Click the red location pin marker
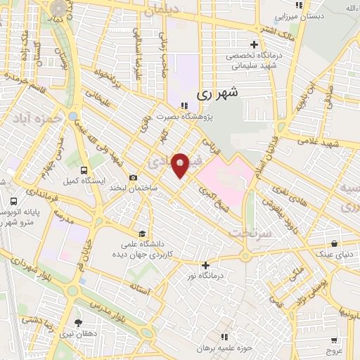click(x=180, y=164)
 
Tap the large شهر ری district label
click(x=218, y=92)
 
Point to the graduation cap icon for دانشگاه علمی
click(x=142, y=234)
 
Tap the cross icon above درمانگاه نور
click(x=205, y=266)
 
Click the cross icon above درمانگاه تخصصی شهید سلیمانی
click(x=262, y=45)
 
